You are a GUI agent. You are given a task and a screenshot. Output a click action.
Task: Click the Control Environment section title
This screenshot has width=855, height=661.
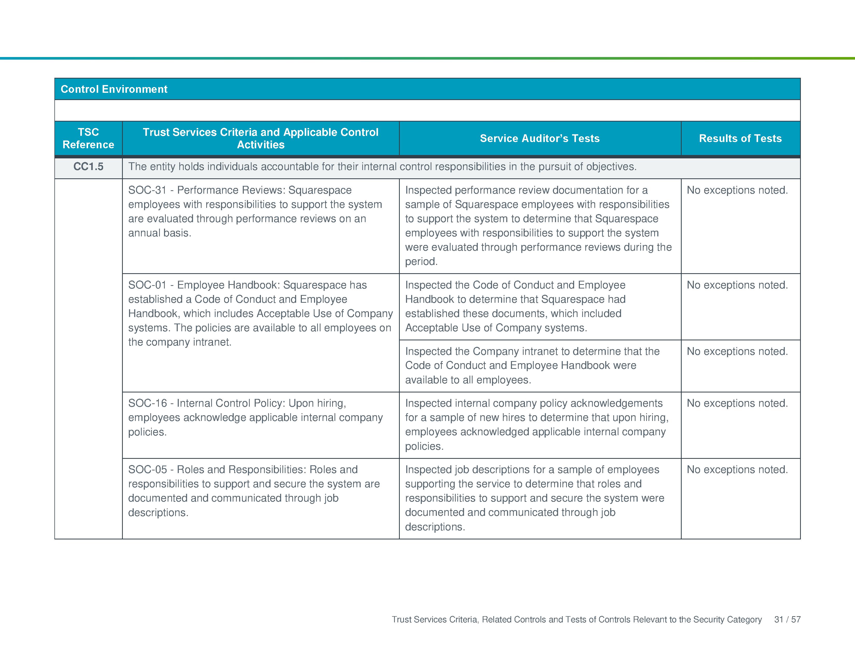point(114,89)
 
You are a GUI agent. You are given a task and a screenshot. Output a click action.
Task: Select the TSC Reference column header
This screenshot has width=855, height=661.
point(88,138)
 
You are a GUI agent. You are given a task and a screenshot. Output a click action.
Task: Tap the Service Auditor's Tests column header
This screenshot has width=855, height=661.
point(539,138)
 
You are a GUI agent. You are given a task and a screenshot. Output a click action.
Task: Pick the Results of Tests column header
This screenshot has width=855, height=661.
point(740,138)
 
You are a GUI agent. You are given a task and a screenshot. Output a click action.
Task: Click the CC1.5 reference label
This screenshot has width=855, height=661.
point(88,167)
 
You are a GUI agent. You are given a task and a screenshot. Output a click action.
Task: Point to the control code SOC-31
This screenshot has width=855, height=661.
point(147,190)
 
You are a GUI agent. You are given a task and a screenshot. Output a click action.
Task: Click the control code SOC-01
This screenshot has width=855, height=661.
point(147,285)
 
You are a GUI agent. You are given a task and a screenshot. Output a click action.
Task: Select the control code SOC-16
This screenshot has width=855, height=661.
point(147,403)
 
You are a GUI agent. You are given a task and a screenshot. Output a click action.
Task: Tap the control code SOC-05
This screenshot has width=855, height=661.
point(147,469)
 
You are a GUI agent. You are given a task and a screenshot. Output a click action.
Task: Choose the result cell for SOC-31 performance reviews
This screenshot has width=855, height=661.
point(737,190)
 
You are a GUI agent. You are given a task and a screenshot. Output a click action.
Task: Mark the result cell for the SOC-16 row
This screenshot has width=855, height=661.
point(737,403)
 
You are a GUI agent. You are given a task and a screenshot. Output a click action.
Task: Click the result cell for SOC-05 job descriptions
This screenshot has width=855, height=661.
point(737,469)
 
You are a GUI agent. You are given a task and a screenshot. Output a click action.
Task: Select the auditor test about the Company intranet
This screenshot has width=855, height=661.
point(532,365)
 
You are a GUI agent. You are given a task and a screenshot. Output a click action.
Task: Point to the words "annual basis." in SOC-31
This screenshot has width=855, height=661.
point(160,233)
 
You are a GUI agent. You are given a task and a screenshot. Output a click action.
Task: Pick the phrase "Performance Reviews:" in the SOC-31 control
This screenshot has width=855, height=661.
point(231,190)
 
